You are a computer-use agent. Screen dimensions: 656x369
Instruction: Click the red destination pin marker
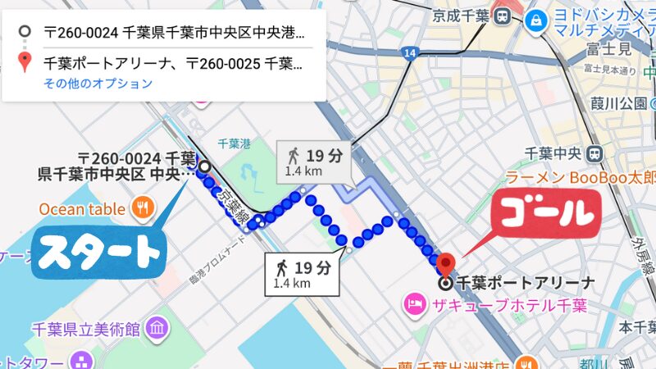pos(444,264)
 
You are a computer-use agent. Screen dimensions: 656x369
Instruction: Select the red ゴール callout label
pos(546,215)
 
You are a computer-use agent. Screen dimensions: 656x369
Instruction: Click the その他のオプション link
pos(98,83)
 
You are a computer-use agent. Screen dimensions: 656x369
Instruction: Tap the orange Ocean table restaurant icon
pos(143,208)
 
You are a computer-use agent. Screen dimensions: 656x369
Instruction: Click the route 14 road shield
pos(409,53)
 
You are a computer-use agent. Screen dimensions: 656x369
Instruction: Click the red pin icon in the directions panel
pos(25,61)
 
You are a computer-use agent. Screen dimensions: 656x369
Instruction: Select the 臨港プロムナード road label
pos(217,262)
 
